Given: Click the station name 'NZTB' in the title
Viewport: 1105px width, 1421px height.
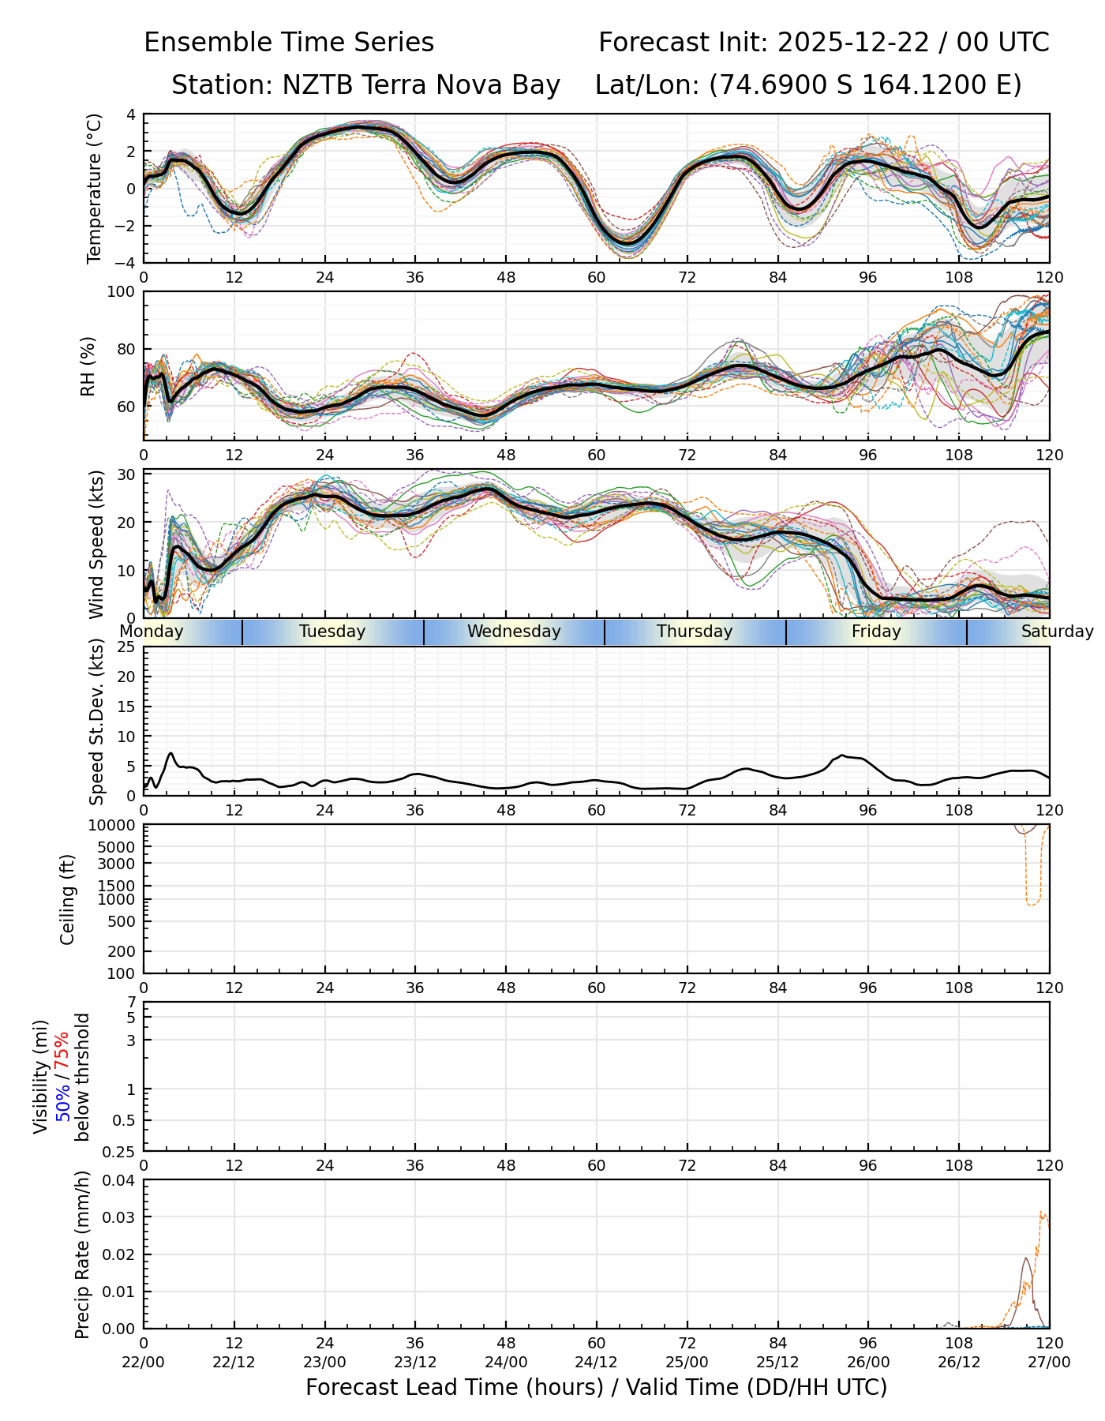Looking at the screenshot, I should click(312, 84).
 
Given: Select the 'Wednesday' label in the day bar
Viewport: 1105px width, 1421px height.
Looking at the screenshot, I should click(514, 632).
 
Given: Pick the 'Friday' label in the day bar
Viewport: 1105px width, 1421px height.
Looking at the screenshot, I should click(876, 632).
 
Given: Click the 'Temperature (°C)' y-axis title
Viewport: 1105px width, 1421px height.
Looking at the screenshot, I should click(95, 188).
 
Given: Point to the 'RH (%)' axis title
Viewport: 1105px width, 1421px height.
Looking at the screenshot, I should click(88, 366).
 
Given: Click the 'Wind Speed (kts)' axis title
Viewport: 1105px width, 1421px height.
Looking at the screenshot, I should click(96, 544).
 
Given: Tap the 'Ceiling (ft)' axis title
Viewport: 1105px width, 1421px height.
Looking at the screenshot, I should click(68, 899).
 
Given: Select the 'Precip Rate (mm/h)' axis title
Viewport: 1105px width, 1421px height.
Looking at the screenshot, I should click(82, 1254).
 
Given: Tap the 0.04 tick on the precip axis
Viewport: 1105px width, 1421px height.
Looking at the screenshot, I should click(119, 1180).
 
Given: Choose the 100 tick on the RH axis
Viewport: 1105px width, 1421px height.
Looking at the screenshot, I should click(122, 292).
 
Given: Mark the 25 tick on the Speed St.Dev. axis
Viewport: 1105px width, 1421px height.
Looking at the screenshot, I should click(125, 647).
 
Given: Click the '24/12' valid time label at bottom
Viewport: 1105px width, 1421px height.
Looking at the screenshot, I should click(597, 1362).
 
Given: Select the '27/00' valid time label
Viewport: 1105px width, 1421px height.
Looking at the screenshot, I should click(1049, 1362).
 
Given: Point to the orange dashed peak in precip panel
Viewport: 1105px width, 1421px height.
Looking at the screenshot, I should click(1042, 1213).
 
